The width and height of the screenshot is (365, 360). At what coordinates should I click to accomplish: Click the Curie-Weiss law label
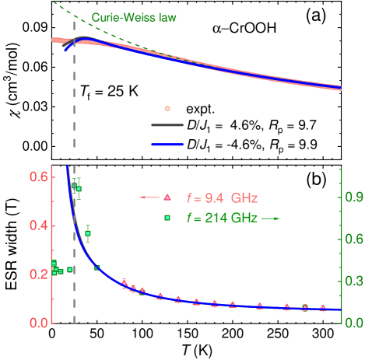(134, 16)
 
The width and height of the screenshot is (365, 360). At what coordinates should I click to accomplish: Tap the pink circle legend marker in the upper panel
(167, 108)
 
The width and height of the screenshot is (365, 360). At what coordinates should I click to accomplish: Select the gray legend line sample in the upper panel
(167, 124)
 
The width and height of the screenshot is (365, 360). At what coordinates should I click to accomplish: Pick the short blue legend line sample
(167, 145)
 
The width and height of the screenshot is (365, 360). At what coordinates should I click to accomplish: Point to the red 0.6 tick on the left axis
(38, 177)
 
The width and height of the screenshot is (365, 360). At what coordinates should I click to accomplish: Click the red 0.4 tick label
(38, 225)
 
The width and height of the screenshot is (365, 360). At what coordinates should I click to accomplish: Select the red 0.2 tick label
(38, 274)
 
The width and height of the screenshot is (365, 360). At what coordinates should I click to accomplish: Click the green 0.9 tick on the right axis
(354, 197)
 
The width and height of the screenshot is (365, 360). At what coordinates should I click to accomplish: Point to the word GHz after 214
(243, 218)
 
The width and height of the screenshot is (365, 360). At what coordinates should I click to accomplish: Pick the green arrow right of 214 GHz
(270, 218)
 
